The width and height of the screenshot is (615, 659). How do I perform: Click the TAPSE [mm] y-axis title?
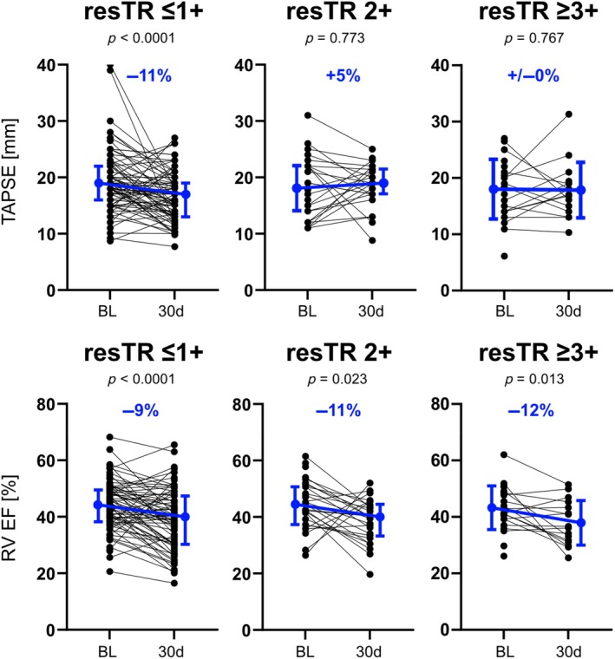[10, 171]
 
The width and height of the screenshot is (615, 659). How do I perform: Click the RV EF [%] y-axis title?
[10, 519]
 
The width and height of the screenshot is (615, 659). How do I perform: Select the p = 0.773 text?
[335, 39]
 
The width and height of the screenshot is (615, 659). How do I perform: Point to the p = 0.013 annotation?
[533, 380]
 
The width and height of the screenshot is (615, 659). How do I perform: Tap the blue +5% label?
[343, 75]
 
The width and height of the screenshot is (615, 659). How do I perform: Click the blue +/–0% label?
[533, 75]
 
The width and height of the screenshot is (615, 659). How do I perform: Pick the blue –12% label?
[531, 410]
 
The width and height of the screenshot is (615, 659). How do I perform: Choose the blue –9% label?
[141, 410]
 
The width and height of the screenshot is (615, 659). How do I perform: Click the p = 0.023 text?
[337, 380]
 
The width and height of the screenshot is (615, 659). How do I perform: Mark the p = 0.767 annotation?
[533, 39]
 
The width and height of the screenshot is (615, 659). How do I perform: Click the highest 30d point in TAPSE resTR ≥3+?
[569, 114]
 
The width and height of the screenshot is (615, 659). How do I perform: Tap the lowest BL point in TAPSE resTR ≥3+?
[505, 256]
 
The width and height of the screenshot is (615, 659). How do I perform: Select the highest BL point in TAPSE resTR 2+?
[308, 115]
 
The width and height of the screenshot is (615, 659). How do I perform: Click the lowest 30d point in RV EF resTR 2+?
[370, 574]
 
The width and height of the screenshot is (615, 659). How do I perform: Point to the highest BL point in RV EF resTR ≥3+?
[504, 454]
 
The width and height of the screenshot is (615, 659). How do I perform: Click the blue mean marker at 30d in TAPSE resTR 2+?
[383, 183]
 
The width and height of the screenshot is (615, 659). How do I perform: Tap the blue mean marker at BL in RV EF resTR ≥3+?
[492, 508]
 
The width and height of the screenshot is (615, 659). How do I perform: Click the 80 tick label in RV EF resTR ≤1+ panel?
[46, 404]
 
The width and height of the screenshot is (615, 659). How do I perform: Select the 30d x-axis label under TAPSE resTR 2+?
[370, 311]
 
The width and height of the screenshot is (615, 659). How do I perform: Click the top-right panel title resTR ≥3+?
[539, 12]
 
